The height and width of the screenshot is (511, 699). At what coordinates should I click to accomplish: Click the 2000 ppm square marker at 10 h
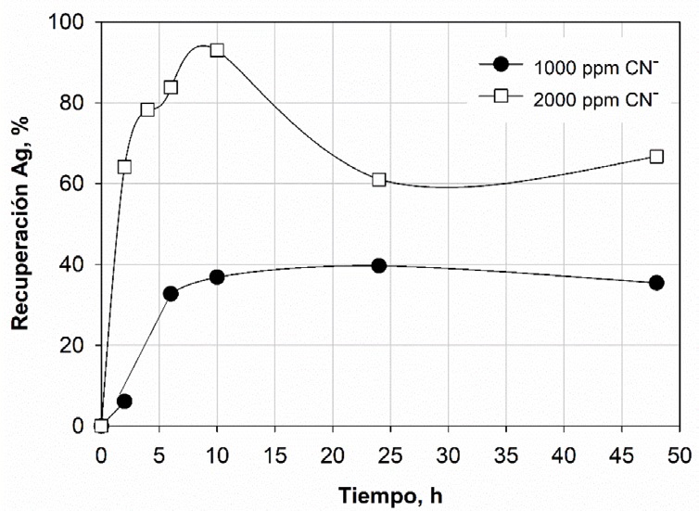(x=217, y=50)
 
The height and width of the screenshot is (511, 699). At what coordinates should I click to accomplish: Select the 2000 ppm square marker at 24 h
(x=379, y=179)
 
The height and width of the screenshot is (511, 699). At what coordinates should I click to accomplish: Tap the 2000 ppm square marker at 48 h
(x=656, y=157)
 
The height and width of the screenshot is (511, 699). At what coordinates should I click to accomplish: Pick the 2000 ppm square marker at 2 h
(x=124, y=167)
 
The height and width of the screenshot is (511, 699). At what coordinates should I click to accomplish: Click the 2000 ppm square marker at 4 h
(x=147, y=109)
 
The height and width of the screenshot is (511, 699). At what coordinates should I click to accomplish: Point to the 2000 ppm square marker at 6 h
(x=171, y=87)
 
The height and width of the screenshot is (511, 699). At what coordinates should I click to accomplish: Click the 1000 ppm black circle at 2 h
(x=124, y=402)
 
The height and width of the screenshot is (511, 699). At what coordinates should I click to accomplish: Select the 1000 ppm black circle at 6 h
(x=171, y=293)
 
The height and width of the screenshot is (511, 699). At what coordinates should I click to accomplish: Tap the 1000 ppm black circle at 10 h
(x=217, y=277)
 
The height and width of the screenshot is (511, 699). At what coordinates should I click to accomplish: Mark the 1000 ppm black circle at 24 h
(x=379, y=265)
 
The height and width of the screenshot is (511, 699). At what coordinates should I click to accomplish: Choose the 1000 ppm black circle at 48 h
(x=656, y=283)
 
